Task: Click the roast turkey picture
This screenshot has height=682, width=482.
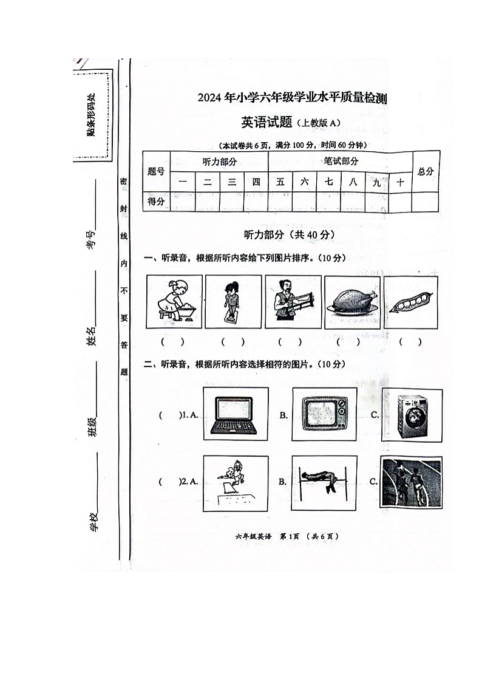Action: pos(352,302)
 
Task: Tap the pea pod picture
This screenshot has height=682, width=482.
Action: pos(411,302)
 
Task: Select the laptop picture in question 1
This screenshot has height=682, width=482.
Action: pos(234,415)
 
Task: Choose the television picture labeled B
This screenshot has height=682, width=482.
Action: pos(324,415)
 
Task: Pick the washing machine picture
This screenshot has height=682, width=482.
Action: pos(412,415)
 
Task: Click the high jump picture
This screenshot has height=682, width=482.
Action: pos(324,483)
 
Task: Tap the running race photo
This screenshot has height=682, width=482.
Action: pos(411,483)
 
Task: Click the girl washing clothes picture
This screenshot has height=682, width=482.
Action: pos(174,302)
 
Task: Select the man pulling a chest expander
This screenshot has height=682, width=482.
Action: pos(293,302)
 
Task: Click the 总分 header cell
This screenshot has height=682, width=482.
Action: pos(426,171)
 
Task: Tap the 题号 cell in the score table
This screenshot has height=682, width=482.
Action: pos(157,172)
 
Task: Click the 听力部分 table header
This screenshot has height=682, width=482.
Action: pos(219,161)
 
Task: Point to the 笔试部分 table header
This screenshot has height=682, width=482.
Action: pos(341,161)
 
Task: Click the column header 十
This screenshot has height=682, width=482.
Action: pos(400,182)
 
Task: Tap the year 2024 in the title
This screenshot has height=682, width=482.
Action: pos(210,97)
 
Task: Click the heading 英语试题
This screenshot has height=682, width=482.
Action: pos(267,122)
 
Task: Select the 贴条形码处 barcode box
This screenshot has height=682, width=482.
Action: pos(92,114)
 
